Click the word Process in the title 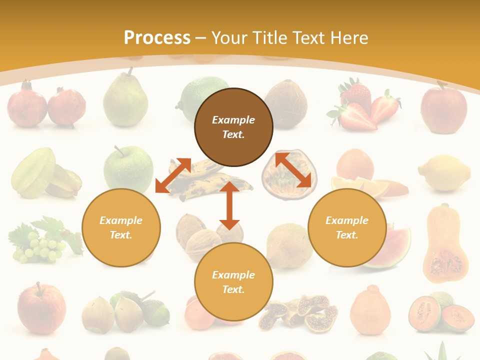pyautogui.click(x=157, y=38)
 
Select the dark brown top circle pyautogui.click(x=233, y=127)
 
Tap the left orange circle pyautogui.click(x=121, y=227)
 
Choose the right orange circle pyautogui.click(x=347, y=227)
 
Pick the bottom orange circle pyautogui.click(x=233, y=282)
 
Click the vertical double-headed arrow pyautogui.click(x=229, y=205)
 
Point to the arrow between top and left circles pyautogui.click(x=173, y=175)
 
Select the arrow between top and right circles pyautogui.click(x=293, y=170)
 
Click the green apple pyautogui.click(x=128, y=169)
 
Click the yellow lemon pyautogui.click(x=444, y=173)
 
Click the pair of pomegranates pyautogui.click(x=46, y=105)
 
